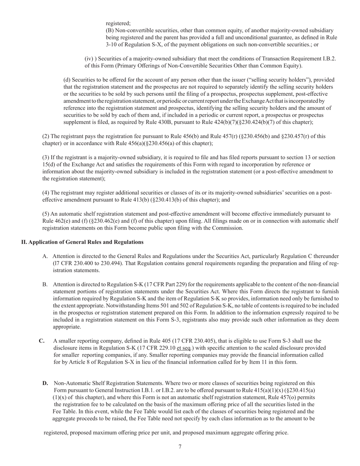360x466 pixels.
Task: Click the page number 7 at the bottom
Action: point(180,446)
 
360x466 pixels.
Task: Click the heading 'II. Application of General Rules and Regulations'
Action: point(82,242)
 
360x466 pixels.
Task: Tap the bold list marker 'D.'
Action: point(45,383)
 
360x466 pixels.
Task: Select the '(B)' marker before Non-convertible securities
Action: point(110,30)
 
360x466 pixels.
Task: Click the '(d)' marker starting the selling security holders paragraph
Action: point(67,80)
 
